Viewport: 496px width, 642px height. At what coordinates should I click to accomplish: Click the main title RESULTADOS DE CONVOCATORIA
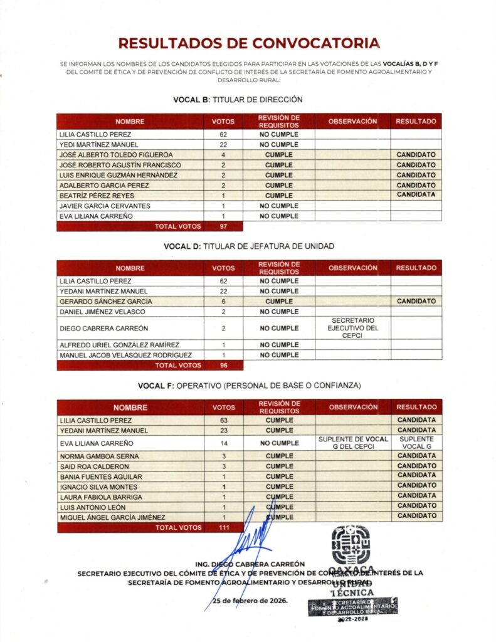tap(248, 43)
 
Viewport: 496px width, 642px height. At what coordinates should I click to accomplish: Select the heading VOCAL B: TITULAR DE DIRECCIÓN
tap(229, 99)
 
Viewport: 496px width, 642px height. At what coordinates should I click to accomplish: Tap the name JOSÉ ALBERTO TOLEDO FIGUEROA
tap(115, 154)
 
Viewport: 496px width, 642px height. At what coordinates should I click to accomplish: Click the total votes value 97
tap(223, 226)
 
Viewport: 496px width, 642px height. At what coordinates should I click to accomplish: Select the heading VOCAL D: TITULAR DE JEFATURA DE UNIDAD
tap(249, 246)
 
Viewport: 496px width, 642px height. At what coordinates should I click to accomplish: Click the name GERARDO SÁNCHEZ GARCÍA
tap(107, 302)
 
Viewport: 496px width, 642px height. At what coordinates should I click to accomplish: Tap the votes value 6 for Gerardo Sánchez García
tap(223, 302)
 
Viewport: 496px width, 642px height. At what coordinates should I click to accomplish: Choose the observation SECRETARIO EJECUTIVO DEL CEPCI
tap(353, 328)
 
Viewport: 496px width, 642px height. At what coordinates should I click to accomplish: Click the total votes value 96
tap(223, 365)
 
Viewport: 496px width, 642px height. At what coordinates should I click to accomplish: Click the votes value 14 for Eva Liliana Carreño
tap(223, 443)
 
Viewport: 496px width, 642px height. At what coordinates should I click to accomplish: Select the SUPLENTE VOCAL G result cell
tap(416, 443)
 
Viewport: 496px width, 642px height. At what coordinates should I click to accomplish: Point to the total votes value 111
tap(223, 528)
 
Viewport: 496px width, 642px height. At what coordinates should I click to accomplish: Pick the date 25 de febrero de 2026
tap(250, 601)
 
